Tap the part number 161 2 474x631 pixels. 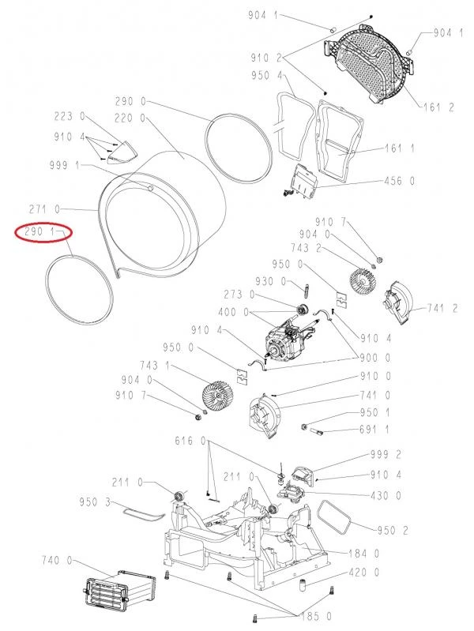coord(439,107)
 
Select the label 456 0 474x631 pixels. coord(399,181)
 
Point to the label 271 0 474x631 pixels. coord(44,209)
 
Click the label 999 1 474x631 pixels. coord(65,165)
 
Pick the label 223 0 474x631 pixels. coord(70,117)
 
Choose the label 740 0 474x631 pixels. coord(57,560)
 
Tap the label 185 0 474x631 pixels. coord(317,616)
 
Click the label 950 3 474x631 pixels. coord(95,501)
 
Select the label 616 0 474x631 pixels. coord(190,441)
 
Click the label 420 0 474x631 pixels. coord(364,572)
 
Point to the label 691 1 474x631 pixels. coord(374,430)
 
